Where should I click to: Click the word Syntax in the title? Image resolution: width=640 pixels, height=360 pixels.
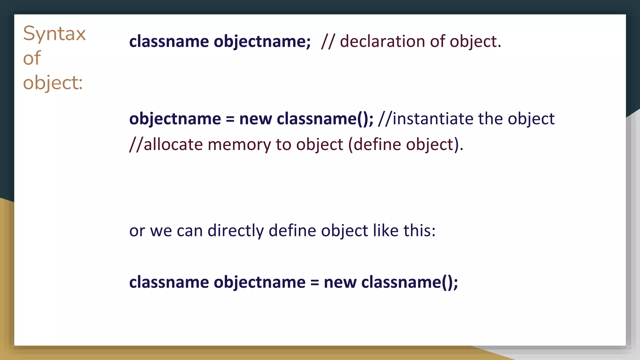(x=54, y=34)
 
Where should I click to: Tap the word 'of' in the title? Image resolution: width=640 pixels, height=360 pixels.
(x=32, y=58)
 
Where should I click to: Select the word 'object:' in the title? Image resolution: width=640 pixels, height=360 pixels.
(x=53, y=83)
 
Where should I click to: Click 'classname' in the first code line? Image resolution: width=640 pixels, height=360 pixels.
(x=169, y=41)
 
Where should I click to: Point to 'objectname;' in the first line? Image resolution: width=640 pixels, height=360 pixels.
(x=262, y=42)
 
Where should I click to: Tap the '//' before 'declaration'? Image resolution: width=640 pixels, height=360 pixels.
(x=327, y=42)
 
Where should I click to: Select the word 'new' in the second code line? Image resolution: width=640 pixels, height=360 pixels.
(x=255, y=119)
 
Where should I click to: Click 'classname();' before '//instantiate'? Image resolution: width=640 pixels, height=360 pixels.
(x=325, y=119)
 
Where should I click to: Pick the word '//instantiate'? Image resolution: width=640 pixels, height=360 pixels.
(x=425, y=119)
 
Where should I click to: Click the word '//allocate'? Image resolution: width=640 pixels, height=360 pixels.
(x=166, y=145)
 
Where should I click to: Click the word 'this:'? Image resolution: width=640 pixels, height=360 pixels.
(x=419, y=231)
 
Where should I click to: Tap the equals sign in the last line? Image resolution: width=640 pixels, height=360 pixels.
(x=314, y=282)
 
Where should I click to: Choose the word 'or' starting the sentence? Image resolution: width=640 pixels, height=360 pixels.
(x=137, y=231)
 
